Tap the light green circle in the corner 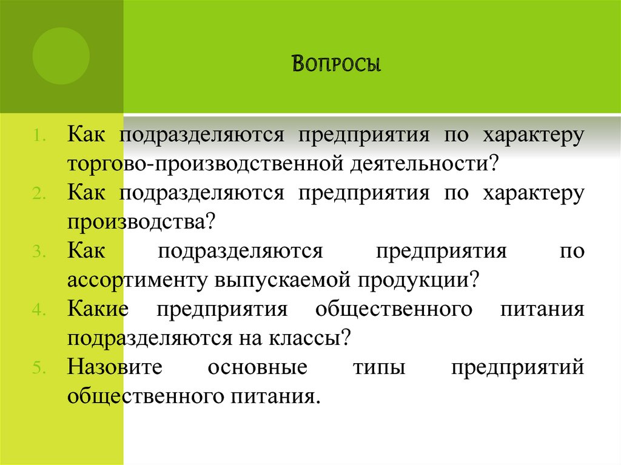point(61,56)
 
